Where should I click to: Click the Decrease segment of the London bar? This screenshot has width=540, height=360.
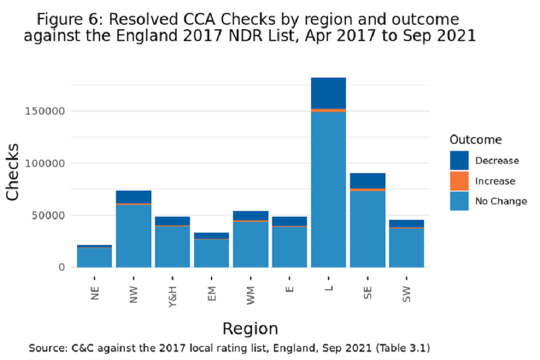coord(328,93)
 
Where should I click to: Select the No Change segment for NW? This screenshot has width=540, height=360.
coord(133,236)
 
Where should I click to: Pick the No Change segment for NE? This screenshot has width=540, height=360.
coord(94,257)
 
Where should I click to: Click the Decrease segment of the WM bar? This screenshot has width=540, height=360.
coord(250,215)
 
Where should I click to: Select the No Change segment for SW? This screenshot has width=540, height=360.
coord(406,247)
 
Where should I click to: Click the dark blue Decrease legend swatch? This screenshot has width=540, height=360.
coord(459,160)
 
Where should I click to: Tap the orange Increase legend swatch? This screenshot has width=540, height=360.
coord(459,181)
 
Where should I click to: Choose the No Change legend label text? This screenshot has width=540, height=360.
coord(501,201)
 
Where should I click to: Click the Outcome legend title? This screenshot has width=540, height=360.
coord(476,140)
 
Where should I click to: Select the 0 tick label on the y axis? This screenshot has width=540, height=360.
coord(62,267)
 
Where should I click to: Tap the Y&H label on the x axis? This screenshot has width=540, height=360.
coord(173,292)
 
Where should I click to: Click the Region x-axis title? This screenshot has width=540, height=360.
coord(250,328)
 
